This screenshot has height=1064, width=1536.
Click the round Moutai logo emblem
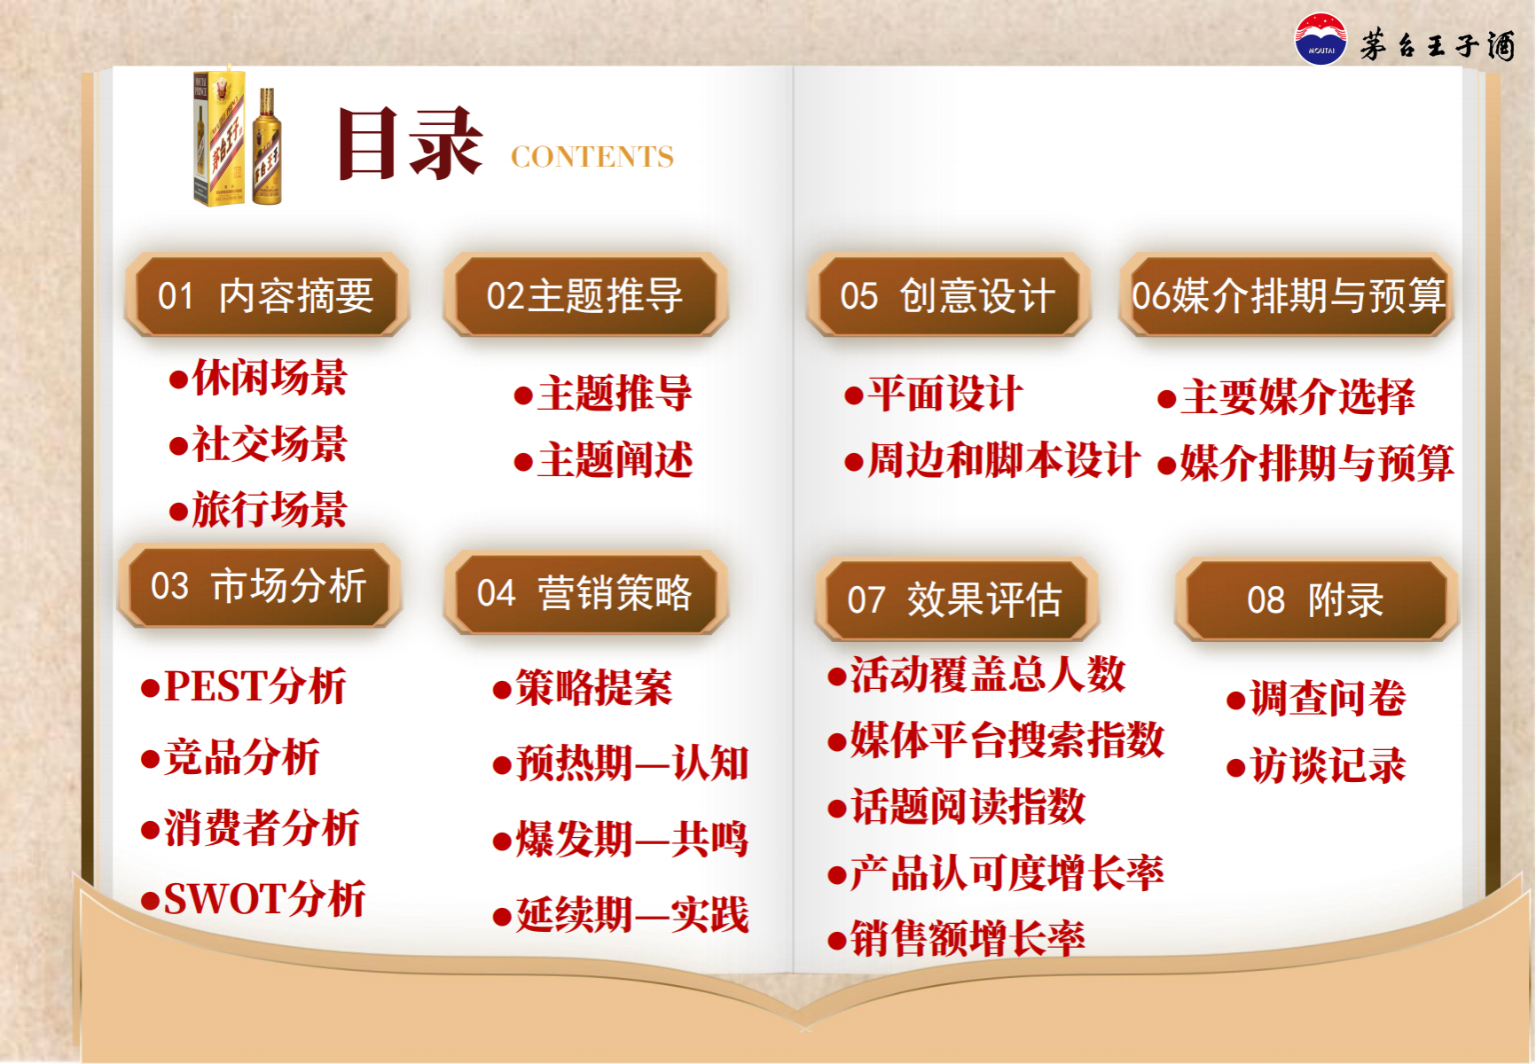click(1320, 40)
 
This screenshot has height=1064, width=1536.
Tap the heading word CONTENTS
click(592, 157)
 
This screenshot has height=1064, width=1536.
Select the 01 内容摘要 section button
click(267, 295)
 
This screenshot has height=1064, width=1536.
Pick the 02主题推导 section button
click(585, 295)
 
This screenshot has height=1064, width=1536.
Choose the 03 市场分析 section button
click(260, 586)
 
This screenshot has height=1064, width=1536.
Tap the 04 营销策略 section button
click(585, 593)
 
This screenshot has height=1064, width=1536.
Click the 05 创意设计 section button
click(948, 295)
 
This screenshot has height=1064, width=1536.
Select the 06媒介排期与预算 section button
click(1287, 295)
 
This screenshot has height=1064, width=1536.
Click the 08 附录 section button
click(1317, 599)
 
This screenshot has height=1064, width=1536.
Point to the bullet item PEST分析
click(244, 686)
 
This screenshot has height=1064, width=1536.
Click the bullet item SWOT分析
click(254, 899)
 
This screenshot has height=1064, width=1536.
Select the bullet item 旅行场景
click(258, 510)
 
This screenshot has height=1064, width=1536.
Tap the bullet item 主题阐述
click(603, 460)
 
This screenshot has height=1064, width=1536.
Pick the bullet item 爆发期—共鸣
click(621, 839)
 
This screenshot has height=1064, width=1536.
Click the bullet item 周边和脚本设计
click(992, 460)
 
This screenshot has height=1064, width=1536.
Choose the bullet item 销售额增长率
click(956, 938)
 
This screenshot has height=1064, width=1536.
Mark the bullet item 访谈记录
click(1316, 765)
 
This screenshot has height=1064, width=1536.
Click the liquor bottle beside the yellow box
click(267, 147)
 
